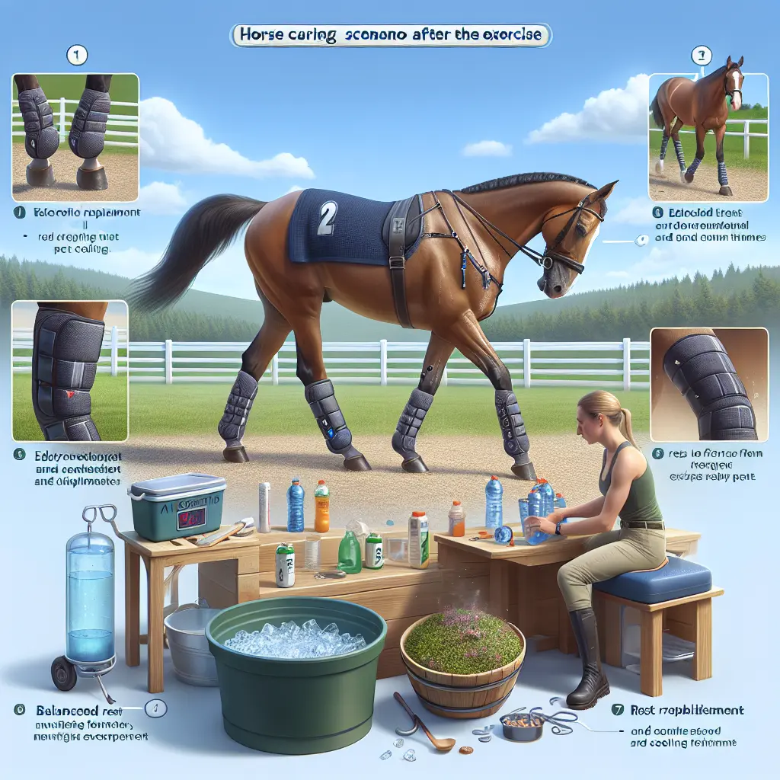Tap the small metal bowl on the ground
click(x=522, y=727)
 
